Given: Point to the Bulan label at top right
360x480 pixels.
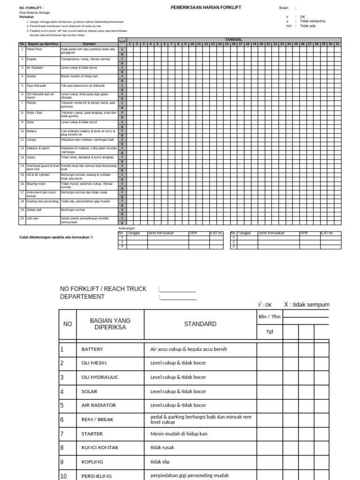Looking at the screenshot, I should (x=284, y=8).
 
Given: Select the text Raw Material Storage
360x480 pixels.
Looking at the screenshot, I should (x=33, y=13).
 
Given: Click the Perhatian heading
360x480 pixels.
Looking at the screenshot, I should (x=26, y=17).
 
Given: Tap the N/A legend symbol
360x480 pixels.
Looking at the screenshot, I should (x=289, y=26).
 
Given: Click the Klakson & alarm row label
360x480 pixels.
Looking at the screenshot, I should (x=38, y=148).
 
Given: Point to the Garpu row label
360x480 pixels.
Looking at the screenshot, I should (x=31, y=157).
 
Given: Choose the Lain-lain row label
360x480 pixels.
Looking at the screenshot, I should (x=32, y=218).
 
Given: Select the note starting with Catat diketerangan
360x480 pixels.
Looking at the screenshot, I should (x=56, y=237).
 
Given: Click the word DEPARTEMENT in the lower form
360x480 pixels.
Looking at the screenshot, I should (x=82, y=297).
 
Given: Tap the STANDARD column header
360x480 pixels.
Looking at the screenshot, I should (x=200, y=324).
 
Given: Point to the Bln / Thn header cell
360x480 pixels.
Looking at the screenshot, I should (x=270, y=316).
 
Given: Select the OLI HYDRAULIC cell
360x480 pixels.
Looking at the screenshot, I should (x=100, y=377).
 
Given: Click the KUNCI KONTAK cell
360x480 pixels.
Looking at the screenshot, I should (x=100, y=448).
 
